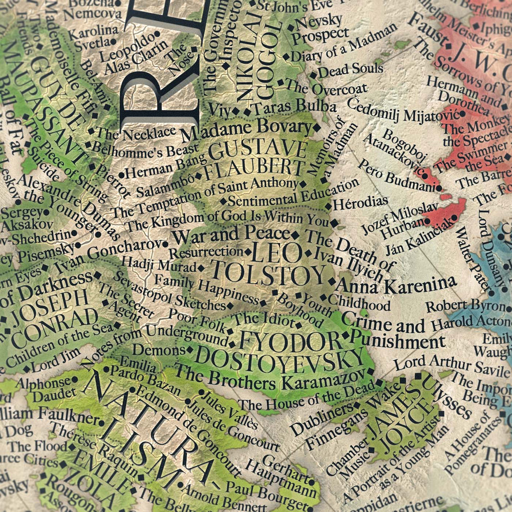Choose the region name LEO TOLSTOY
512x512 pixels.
tap(268, 264)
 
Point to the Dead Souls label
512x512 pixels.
tap(344, 71)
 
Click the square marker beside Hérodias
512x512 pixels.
tap(328, 207)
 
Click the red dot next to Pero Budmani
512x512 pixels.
tap(439, 188)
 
